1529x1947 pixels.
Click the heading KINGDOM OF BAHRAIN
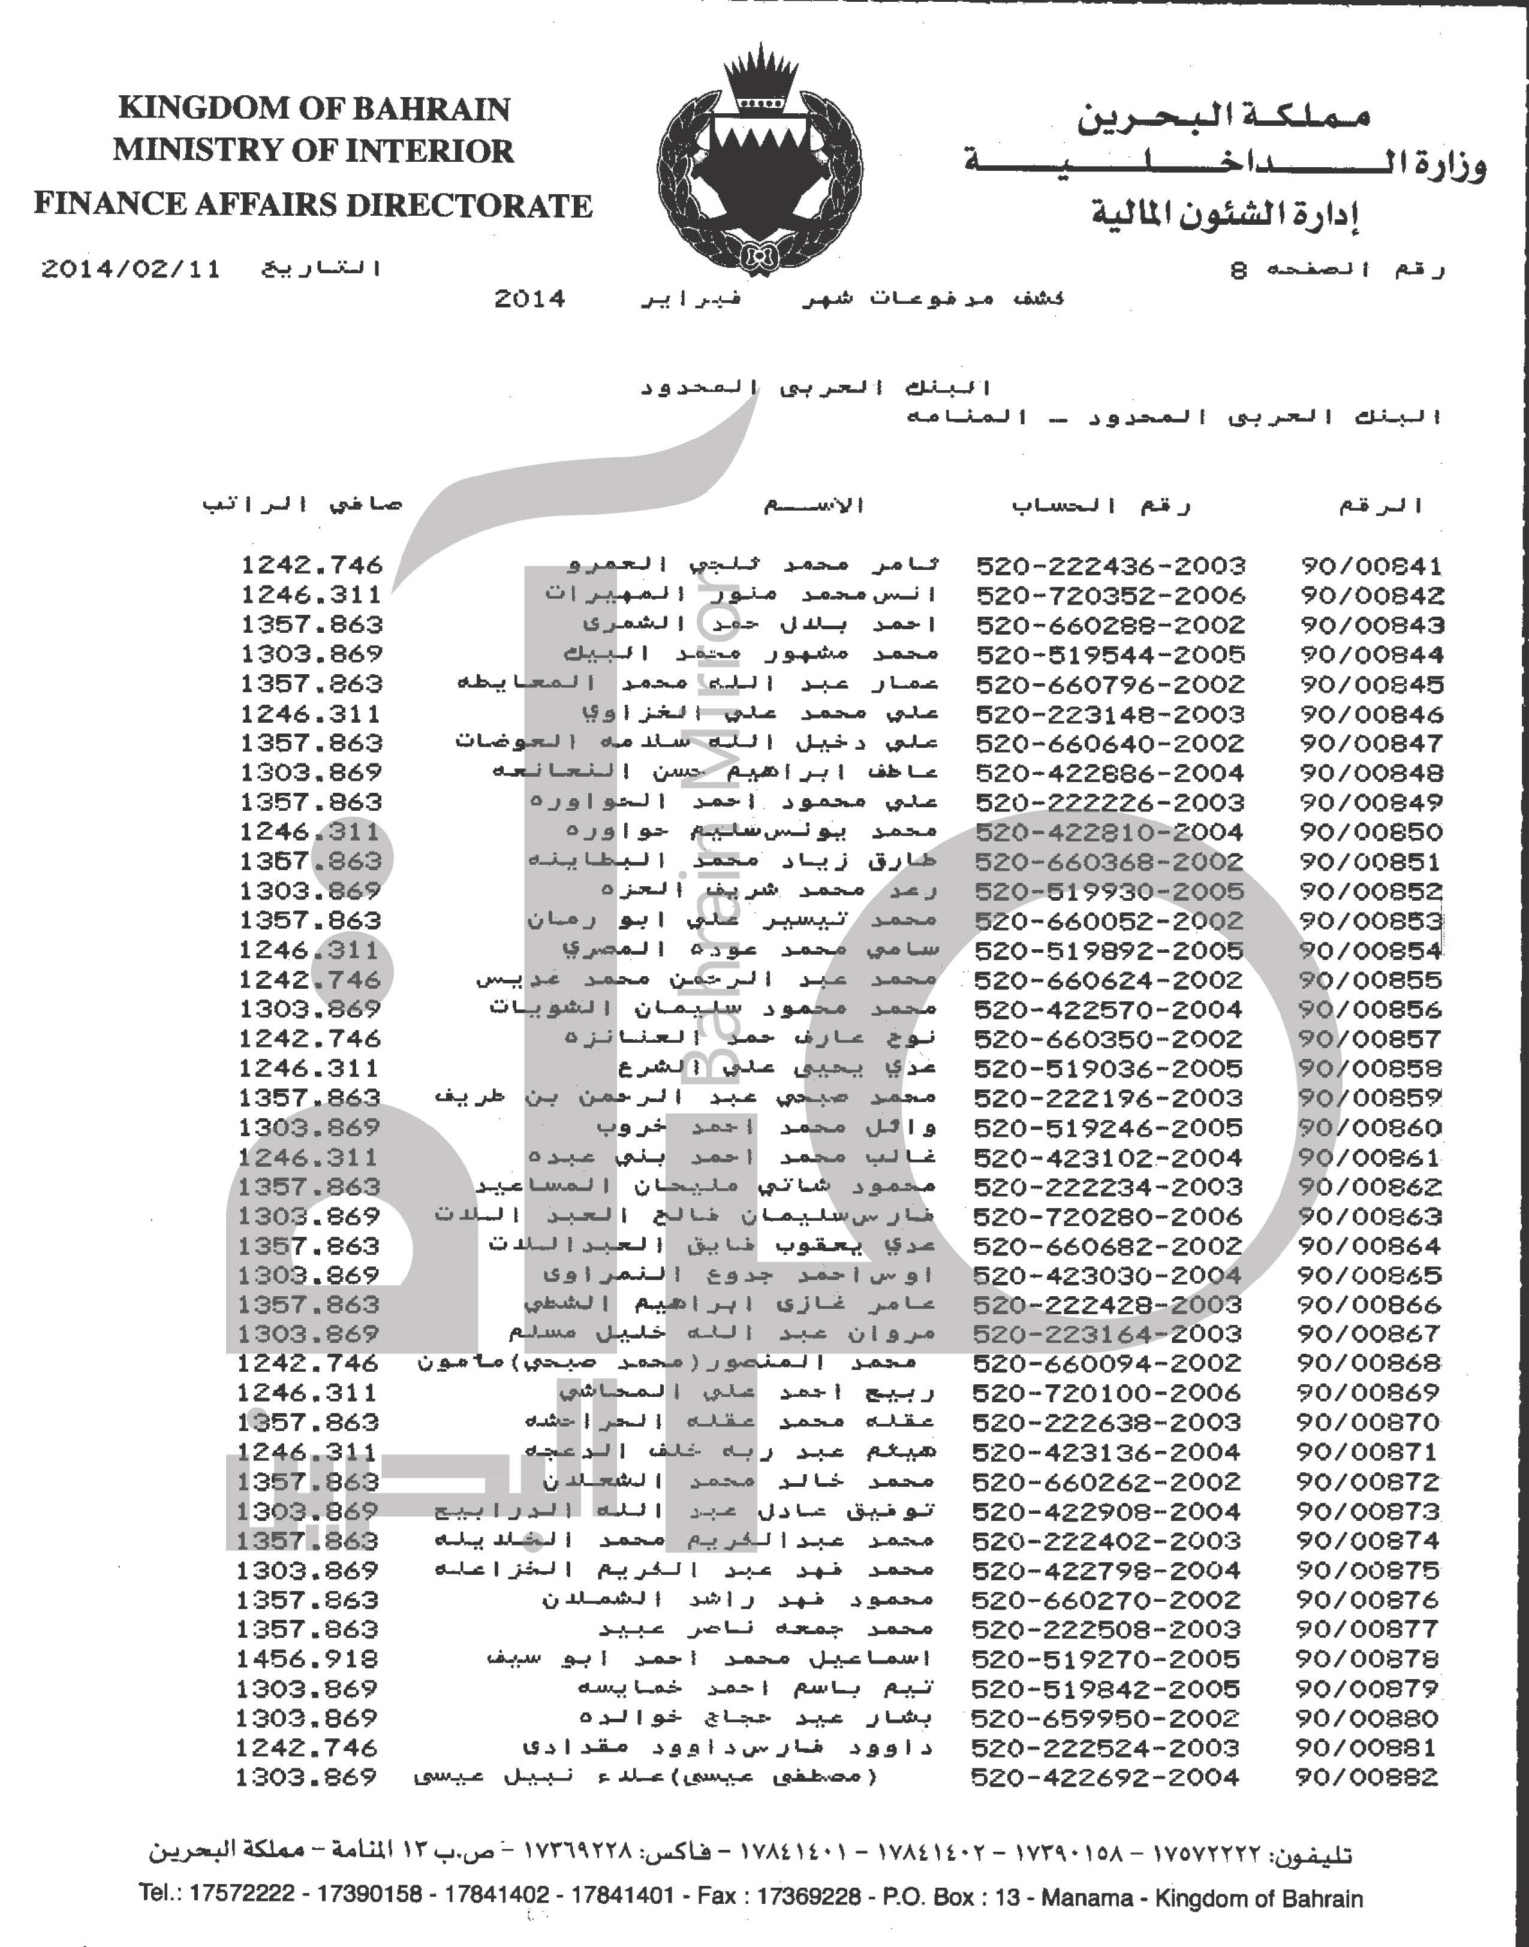pos(314,108)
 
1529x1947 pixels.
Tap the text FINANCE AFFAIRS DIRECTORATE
pos(314,205)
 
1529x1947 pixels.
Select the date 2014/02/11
pos(131,269)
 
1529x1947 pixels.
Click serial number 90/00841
pos(1371,566)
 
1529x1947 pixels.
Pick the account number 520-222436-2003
pos(1110,566)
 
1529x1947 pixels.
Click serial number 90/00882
pos(1367,1777)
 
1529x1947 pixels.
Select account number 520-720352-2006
pos(1110,596)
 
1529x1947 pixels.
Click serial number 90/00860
pos(1370,1127)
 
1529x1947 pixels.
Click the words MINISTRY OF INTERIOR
pos(314,150)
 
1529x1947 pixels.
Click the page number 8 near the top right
pos(1239,269)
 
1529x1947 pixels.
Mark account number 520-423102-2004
pos(1107,1158)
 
